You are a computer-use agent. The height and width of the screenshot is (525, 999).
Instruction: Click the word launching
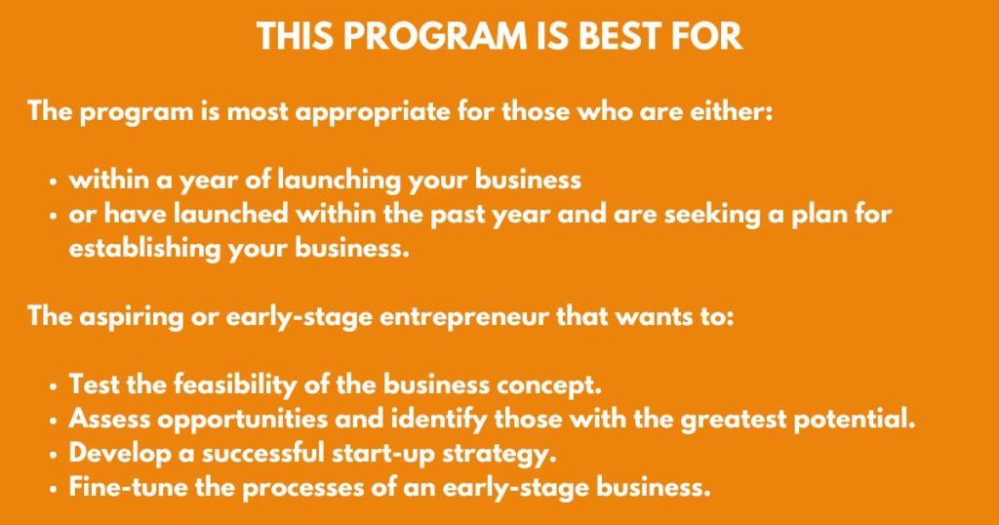click(x=339, y=181)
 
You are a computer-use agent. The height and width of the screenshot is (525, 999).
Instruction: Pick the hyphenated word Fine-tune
click(x=128, y=488)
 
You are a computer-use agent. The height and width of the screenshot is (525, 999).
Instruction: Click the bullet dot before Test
click(x=54, y=386)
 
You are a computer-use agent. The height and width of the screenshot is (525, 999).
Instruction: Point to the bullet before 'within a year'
click(x=54, y=182)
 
